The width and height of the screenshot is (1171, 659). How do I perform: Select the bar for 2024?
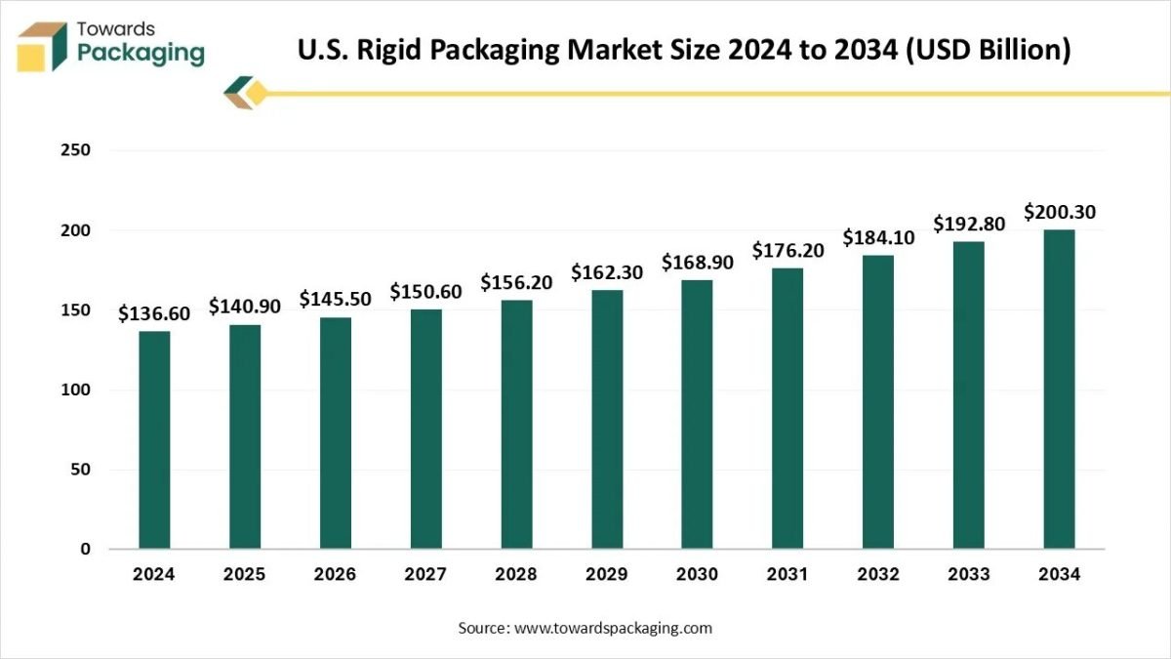154,439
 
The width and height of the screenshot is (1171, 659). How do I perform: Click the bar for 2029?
607,419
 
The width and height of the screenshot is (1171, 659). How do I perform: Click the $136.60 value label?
154,314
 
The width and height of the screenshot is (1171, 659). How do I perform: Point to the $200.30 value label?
1059,212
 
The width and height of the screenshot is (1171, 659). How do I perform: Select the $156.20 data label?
516,283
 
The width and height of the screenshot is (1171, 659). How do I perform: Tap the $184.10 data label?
878,237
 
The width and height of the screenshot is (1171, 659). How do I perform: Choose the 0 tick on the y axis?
85,550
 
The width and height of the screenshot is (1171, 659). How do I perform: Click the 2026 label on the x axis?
335,575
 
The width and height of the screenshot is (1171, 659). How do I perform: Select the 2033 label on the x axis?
969,575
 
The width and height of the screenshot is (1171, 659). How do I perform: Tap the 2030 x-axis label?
698,575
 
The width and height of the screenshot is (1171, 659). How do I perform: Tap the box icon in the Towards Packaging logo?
42,46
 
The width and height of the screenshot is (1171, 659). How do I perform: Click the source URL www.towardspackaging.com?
613,628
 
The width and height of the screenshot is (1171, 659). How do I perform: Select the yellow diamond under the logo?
256,94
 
